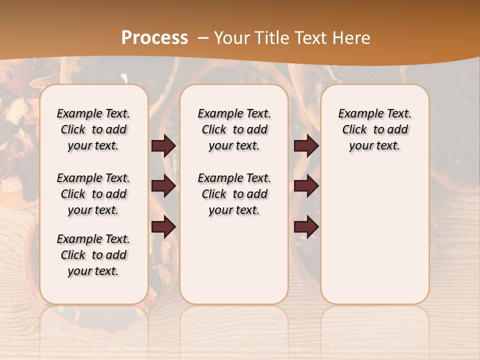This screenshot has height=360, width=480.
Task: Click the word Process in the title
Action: [154, 38]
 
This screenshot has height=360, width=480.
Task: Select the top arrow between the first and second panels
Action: [163, 145]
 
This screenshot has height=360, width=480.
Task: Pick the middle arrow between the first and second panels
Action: [163, 186]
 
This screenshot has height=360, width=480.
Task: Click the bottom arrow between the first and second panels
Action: [163, 226]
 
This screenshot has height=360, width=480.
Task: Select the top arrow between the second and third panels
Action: [306, 145]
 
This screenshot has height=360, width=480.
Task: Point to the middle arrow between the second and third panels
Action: [306, 186]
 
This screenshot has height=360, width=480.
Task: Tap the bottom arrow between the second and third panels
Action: [306, 226]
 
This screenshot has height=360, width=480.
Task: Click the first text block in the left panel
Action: [93, 129]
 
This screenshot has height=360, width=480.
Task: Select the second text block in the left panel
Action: [93, 194]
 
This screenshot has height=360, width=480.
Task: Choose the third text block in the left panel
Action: [93, 255]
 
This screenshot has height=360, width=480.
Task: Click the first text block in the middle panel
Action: [234, 129]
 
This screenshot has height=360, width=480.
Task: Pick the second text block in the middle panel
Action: [234, 194]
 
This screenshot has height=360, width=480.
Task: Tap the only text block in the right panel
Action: [375, 129]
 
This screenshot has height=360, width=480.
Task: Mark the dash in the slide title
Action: [203, 38]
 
